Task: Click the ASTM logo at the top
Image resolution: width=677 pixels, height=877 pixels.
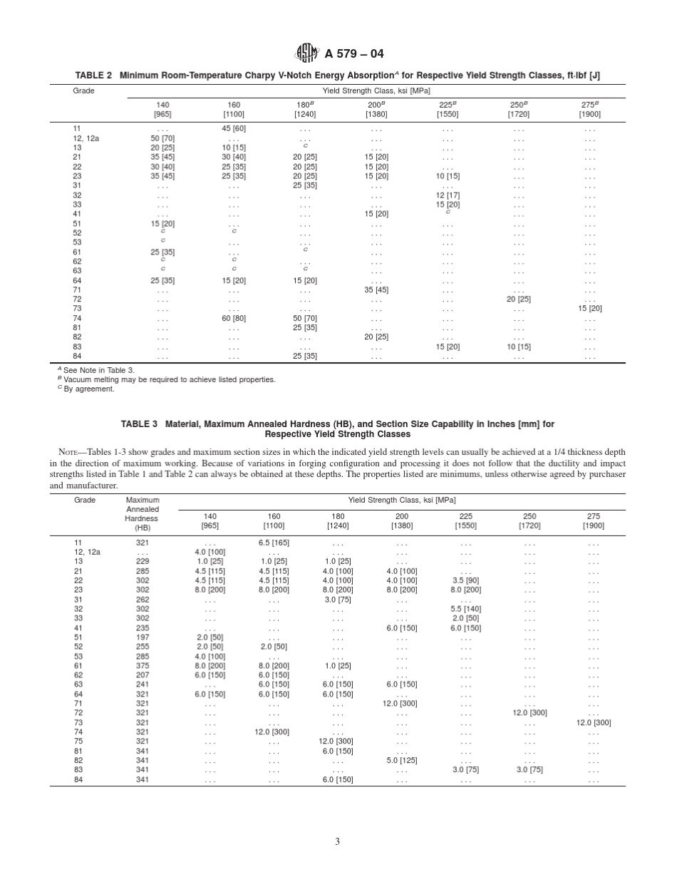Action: (307, 53)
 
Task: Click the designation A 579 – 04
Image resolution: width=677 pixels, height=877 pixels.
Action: (353, 54)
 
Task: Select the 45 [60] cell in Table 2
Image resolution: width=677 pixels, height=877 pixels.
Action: (234, 128)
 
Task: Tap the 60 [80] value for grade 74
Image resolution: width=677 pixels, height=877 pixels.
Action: (234, 318)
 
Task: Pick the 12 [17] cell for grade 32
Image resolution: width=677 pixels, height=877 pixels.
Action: (448, 195)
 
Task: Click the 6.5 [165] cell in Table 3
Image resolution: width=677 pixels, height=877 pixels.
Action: (274, 543)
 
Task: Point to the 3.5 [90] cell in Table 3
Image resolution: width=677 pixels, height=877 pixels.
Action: (466, 580)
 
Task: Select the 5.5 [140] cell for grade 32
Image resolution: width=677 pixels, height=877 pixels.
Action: (466, 609)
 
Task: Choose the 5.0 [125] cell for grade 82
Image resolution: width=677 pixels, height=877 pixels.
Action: (402, 760)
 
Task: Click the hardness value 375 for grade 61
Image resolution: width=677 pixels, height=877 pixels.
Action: (143, 665)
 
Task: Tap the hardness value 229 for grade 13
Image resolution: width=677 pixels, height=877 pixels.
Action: (143, 561)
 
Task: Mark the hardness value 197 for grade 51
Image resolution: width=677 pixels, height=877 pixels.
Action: (143, 637)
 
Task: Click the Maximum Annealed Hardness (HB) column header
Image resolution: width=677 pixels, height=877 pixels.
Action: (143, 514)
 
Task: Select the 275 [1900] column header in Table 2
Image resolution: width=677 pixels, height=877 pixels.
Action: (589, 109)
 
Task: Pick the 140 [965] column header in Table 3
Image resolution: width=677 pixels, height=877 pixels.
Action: (210, 520)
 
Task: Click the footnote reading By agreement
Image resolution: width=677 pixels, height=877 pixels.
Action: (88, 389)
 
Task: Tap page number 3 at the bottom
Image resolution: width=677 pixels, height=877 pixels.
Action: (338, 841)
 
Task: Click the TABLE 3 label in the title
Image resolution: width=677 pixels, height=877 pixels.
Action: (139, 424)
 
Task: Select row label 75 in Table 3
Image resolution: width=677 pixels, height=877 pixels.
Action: (78, 741)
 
